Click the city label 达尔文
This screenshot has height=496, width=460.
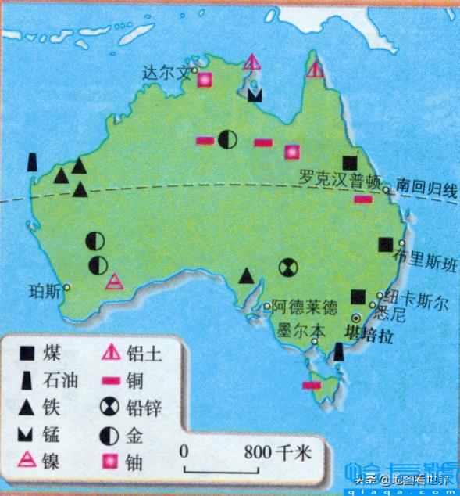[165, 72]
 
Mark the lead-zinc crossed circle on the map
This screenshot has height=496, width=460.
[287, 268]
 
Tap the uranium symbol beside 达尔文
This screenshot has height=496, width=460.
[205, 79]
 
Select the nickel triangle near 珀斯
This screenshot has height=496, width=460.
[114, 282]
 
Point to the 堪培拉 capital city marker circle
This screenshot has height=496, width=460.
[356, 318]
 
